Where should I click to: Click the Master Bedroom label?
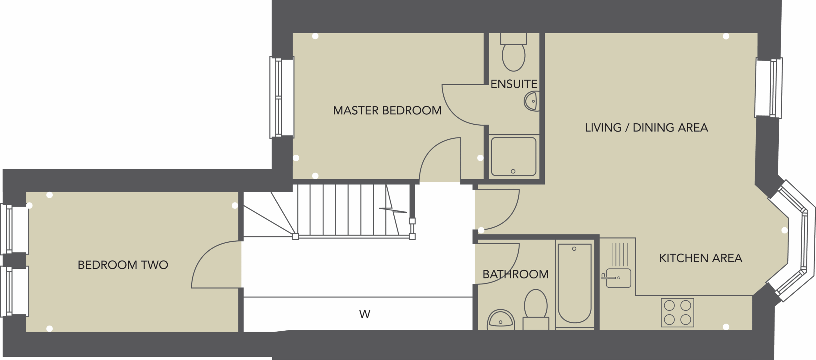tap(387, 110)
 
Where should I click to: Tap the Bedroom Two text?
tap(123, 265)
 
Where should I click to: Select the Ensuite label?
tap(514, 84)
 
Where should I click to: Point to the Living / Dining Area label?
tap(646, 128)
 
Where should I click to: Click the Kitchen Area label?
tap(701, 258)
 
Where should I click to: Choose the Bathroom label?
tap(515, 274)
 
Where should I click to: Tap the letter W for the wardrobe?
tap(365, 314)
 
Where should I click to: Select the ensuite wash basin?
tap(532, 101)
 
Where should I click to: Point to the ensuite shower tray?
tap(514, 157)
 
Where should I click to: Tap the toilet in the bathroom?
tap(536, 309)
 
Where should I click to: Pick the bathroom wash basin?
tap(501, 319)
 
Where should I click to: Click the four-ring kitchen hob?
tap(677, 312)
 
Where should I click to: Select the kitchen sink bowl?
tap(618, 278)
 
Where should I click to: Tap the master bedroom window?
tap(282, 97)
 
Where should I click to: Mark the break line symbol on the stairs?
tap(393, 210)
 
